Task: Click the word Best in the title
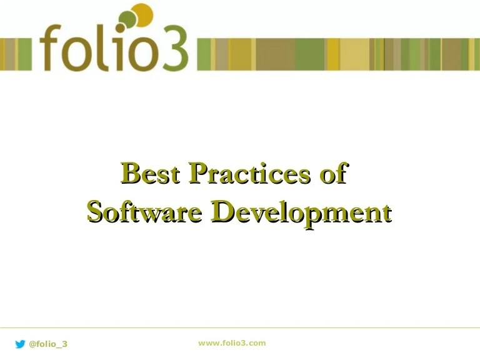pos(150,173)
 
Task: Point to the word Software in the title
pos(144,211)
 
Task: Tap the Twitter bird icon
pos(20,344)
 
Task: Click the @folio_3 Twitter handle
pos(48,344)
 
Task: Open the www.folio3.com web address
pos(232,343)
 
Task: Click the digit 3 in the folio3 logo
pos(175,48)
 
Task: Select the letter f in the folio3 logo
pos(51,47)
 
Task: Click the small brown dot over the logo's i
pos(121,28)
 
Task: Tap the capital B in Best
pos(132,173)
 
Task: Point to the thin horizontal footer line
pos(240,328)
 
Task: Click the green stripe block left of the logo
pos(25,54)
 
